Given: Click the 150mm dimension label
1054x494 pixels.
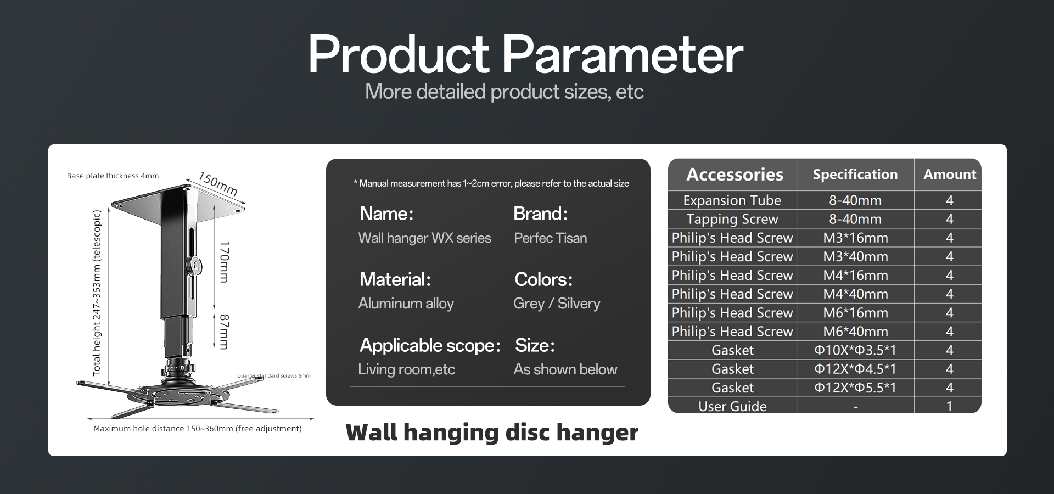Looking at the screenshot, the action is [x=218, y=183].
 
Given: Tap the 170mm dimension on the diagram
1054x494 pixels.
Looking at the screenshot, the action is [x=224, y=261].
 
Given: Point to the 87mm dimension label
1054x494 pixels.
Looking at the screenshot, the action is [x=224, y=332].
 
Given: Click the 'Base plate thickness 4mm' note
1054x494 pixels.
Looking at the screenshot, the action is [x=113, y=176].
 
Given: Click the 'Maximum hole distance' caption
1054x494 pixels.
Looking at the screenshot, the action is [x=197, y=429].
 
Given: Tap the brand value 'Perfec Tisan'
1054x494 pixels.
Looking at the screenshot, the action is [x=550, y=238].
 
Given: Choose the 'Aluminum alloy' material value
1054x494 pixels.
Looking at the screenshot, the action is [x=406, y=304].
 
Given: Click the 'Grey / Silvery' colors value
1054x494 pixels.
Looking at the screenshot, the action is [x=557, y=304].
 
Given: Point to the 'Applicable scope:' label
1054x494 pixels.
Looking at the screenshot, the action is [x=430, y=345].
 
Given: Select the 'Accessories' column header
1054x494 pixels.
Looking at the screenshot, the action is [x=735, y=175].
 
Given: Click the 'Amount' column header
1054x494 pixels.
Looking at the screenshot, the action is [x=950, y=175].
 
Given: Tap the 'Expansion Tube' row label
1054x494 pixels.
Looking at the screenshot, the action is [x=732, y=200].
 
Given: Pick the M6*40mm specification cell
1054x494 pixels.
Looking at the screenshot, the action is [x=855, y=332].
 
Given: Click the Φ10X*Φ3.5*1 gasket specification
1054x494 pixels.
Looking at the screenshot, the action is [x=855, y=350].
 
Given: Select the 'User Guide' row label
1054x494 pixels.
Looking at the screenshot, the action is [x=732, y=406].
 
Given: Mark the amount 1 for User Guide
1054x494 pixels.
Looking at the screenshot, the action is [x=949, y=406].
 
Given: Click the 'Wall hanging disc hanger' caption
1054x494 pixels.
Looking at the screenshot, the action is [x=492, y=433].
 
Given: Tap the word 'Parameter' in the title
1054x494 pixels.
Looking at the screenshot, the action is [x=623, y=55].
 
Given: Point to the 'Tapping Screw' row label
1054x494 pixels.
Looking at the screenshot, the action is [x=732, y=219].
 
